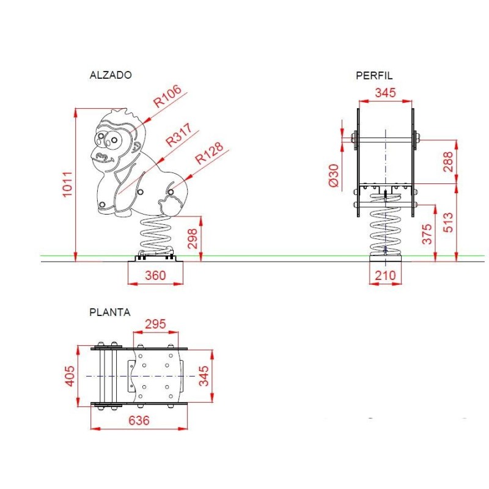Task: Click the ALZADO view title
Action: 111,75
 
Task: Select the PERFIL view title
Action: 374,75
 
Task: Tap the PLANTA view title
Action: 110,312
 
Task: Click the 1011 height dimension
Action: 68,184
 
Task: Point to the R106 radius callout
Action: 167,96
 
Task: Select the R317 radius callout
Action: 178,134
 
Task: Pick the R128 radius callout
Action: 209,153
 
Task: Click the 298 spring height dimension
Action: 193,238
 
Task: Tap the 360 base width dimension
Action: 155,276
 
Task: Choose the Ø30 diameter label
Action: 334,175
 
